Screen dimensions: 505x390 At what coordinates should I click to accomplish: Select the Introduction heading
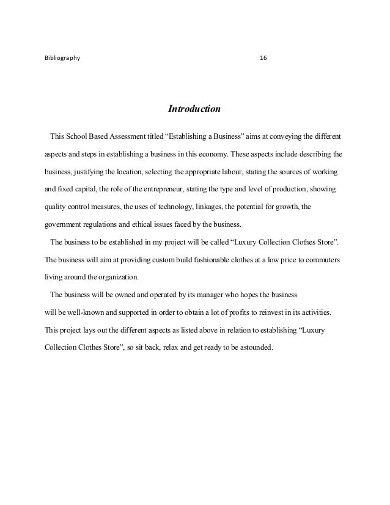pyautogui.click(x=194, y=110)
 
